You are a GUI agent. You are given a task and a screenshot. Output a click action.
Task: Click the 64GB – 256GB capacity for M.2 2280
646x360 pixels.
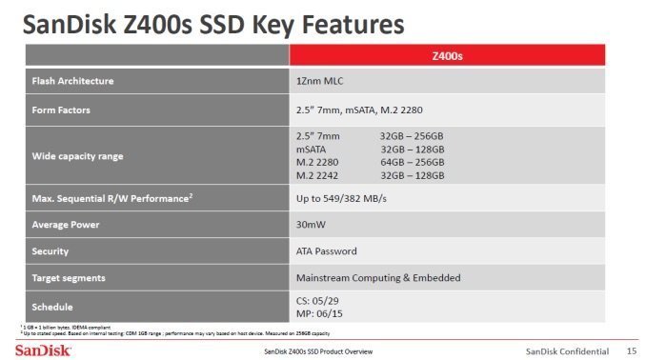click(x=412, y=163)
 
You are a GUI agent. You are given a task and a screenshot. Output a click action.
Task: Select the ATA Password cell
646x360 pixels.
click(x=327, y=251)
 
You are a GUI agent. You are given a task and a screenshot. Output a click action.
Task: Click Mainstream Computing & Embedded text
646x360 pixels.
click(x=378, y=277)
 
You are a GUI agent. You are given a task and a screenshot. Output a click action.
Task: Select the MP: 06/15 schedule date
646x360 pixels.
click(x=321, y=313)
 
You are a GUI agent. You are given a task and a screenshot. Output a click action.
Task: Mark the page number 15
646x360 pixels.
click(x=631, y=349)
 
